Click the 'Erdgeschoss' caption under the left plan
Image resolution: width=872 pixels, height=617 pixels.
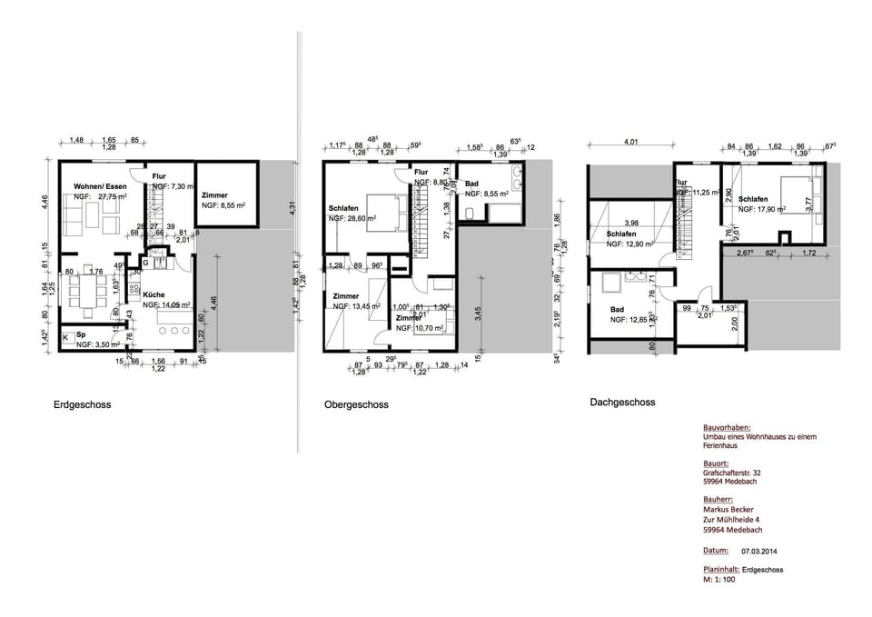[x=82, y=405]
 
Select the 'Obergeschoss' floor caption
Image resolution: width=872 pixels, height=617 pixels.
[x=356, y=405]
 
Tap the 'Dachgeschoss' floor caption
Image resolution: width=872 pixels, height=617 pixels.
[x=621, y=402]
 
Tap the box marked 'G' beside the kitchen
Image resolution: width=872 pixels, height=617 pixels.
[x=144, y=264]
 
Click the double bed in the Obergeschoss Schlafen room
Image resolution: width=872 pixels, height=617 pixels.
[x=382, y=213]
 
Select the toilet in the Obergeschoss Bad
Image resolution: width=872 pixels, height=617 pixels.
[x=472, y=214]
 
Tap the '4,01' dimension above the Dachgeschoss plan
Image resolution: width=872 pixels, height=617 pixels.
[x=630, y=141]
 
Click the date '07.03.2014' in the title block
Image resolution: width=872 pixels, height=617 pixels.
[x=760, y=551]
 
